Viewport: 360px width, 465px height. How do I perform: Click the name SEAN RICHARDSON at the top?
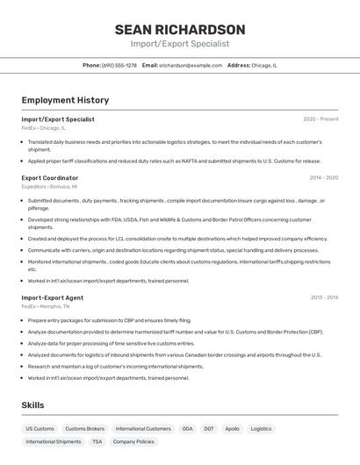(180, 29)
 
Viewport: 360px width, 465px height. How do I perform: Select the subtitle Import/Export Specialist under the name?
(180, 44)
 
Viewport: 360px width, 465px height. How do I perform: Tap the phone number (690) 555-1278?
(119, 65)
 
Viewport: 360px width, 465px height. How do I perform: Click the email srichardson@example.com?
(191, 65)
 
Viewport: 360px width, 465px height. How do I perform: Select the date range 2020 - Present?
(320, 119)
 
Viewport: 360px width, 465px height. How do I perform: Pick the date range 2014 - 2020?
(323, 177)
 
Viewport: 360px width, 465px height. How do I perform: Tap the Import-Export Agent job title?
(52, 297)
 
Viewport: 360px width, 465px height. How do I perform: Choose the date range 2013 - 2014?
(323, 297)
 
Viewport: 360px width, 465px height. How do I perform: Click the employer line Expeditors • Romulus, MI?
(49, 187)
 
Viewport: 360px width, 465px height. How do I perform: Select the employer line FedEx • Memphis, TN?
(46, 307)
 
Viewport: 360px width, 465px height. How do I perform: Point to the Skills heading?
(32, 404)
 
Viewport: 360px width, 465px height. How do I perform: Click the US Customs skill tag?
(40, 429)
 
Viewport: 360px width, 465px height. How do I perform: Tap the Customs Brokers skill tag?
(85, 429)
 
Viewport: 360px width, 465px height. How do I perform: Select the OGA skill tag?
(187, 429)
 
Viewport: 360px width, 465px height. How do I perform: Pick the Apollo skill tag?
(232, 429)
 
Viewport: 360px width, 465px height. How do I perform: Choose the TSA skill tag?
(97, 442)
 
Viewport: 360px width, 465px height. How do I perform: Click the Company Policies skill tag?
(133, 442)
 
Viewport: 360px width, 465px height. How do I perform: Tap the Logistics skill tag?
(261, 429)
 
